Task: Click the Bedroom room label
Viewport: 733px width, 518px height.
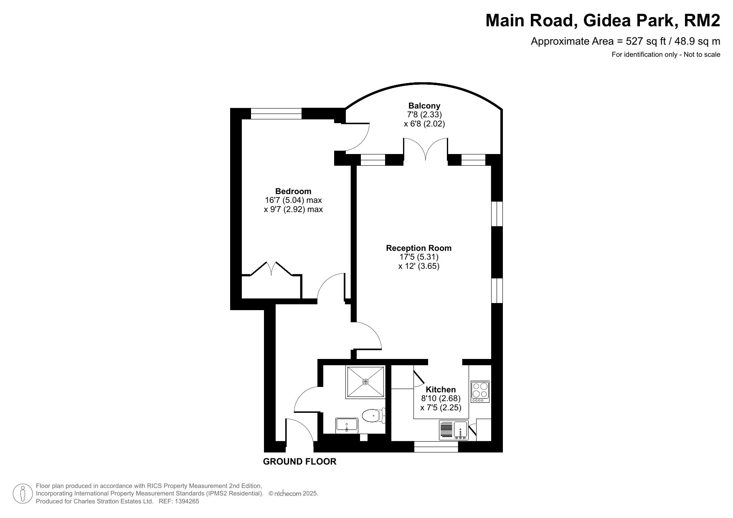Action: (293, 191)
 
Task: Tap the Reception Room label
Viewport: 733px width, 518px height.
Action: (418, 248)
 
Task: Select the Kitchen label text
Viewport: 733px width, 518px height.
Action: (441, 389)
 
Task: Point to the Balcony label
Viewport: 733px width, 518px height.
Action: (424, 106)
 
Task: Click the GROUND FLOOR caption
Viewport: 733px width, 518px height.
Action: (299, 462)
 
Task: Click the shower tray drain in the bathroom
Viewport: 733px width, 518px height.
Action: (366, 382)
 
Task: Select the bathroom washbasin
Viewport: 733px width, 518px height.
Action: (347, 425)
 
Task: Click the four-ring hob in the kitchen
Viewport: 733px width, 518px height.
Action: (480, 392)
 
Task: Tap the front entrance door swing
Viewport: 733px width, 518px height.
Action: (300, 434)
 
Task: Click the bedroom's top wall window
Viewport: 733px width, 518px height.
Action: (276, 114)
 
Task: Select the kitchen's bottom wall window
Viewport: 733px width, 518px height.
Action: (436, 447)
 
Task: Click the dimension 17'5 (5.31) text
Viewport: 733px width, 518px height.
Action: (419, 257)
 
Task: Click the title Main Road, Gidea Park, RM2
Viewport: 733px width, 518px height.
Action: (603, 20)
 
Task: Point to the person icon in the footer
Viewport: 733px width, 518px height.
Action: (23, 493)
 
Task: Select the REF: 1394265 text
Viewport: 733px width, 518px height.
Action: (178, 501)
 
